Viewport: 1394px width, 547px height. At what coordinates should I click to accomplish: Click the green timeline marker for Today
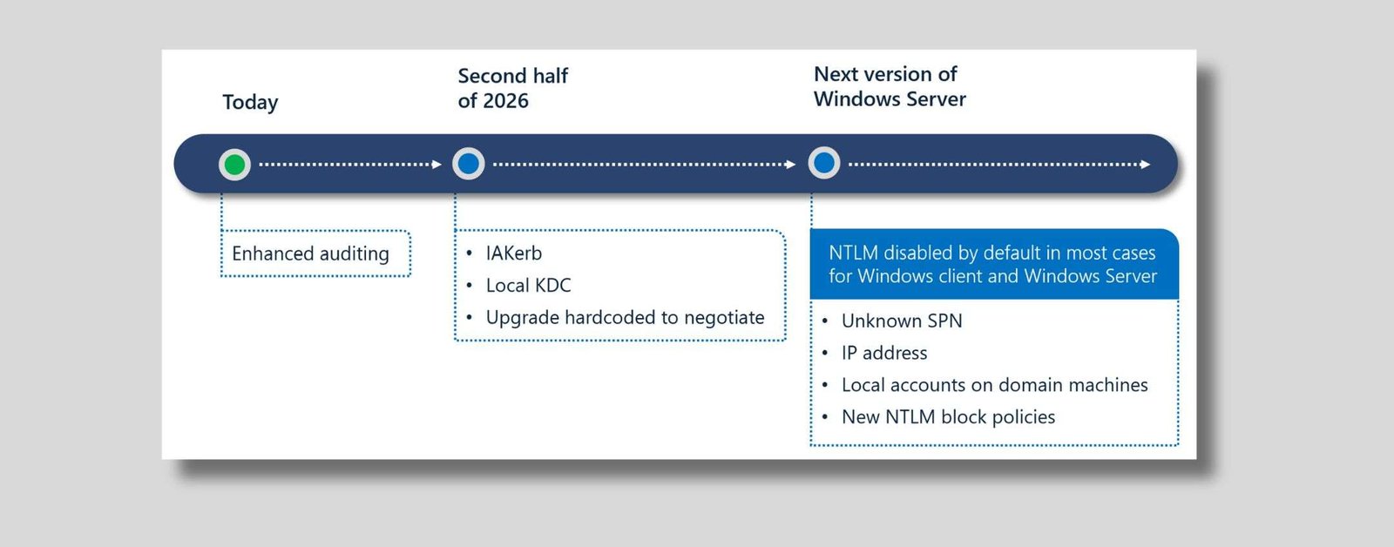[x=234, y=164]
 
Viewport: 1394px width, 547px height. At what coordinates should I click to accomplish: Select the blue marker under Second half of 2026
[x=469, y=163]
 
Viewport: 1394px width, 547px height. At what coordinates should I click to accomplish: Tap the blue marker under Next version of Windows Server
[x=824, y=163]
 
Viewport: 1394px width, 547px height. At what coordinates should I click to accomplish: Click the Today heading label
[x=250, y=102]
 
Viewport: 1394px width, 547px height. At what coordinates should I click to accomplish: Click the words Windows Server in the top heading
[x=890, y=99]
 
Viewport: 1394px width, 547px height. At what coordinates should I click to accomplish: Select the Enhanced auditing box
[x=311, y=253]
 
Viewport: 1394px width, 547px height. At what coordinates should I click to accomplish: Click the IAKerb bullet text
[x=514, y=253]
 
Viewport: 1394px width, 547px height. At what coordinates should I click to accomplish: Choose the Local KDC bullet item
[x=528, y=286]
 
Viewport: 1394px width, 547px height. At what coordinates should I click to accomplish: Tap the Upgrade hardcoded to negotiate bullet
[x=625, y=318]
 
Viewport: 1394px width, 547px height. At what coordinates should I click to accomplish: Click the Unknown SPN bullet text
[x=902, y=321]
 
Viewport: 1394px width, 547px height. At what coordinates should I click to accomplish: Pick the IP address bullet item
[x=884, y=353]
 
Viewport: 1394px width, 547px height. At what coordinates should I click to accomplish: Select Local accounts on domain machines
[x=994, y=385]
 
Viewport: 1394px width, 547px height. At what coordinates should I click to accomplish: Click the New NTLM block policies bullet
[x=948, y=417]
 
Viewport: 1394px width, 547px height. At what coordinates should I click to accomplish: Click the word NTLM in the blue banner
[x=853, y=253]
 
